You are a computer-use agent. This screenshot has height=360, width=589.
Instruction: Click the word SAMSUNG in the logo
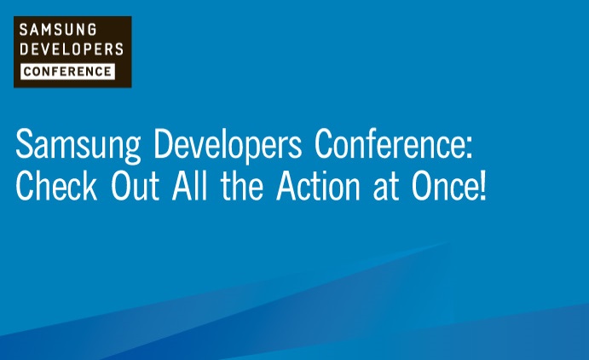point(58,30)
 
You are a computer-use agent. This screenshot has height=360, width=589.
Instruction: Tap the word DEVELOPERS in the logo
point(72,49)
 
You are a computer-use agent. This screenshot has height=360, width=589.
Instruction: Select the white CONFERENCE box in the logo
point(67,72)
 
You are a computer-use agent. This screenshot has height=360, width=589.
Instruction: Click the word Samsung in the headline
point(78,146)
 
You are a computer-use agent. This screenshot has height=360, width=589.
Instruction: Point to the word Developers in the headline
point(228,146)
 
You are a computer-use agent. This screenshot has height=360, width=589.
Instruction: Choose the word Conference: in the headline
point(394,143)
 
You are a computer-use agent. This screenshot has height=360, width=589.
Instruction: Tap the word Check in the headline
point(56,184)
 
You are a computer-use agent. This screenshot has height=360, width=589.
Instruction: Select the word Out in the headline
point(136,185)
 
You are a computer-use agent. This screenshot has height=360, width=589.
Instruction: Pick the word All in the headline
point(189,184)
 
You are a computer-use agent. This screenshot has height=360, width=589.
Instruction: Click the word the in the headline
point(242,184)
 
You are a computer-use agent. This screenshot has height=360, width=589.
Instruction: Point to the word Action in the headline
point(319,185)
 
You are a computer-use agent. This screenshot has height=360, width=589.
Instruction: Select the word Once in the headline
point(444,185)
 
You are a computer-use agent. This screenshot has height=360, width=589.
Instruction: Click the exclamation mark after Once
point(483,185)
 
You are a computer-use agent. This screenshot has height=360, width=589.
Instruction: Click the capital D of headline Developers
point(165,143)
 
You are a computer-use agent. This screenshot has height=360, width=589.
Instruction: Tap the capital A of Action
point(287,185)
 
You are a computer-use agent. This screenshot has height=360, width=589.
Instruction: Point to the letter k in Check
point(90,184)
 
